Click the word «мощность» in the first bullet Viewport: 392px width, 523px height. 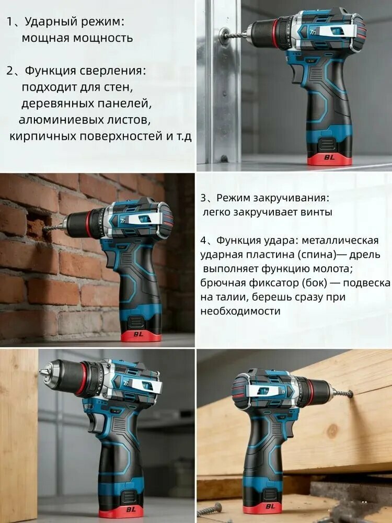(102, 38)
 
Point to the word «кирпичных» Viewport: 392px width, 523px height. (42, 137)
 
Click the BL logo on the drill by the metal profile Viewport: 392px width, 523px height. (329, 157)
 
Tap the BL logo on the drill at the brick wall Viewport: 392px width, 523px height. (138, 334)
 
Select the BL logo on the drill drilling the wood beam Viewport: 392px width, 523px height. (270, 506)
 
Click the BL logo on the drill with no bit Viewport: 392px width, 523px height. (131, 509)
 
